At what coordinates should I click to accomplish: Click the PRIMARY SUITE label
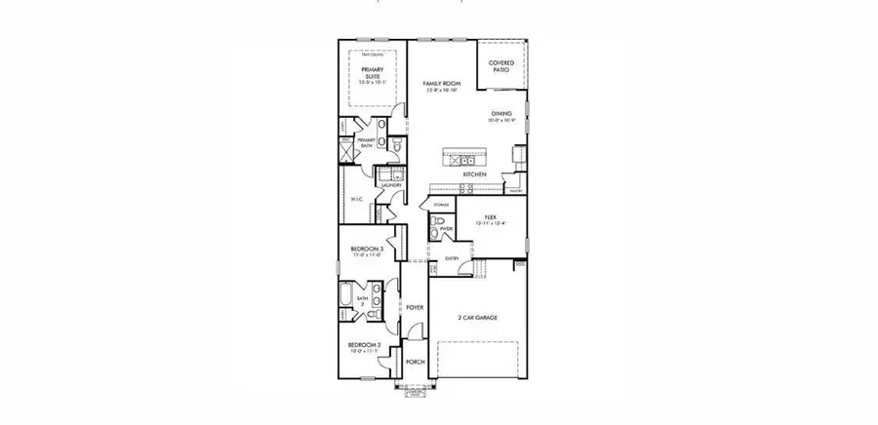coord(371,73)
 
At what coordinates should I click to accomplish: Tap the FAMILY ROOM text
coord(441,85)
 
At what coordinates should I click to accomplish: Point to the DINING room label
coord(501,113)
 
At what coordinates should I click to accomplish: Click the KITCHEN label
coord(475,174)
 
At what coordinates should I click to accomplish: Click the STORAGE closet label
coord(441,205)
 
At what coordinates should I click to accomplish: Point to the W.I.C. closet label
coord(357,200)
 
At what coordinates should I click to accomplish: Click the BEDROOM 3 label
coord(367,249)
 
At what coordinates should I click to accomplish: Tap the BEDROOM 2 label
coord(366,346)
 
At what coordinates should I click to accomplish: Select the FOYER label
coord(416,307)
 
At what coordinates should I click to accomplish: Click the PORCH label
coord(416,360)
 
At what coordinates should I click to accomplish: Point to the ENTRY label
coord(452,258)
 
